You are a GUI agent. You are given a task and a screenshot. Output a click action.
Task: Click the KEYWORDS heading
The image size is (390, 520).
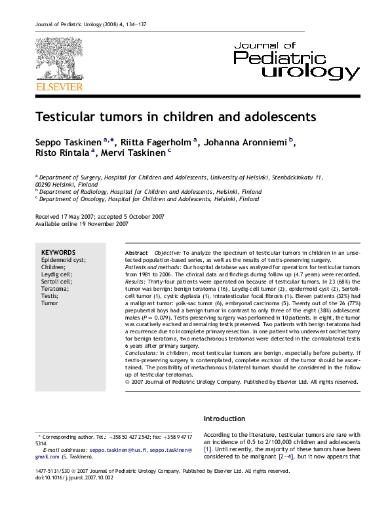coord(58,252)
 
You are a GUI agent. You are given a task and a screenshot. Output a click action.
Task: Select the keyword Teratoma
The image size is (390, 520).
coord(55,289)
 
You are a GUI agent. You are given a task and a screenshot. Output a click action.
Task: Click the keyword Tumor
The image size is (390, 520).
coord(50,303)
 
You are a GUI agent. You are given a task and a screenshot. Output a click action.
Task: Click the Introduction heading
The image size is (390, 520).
coord(225,418)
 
